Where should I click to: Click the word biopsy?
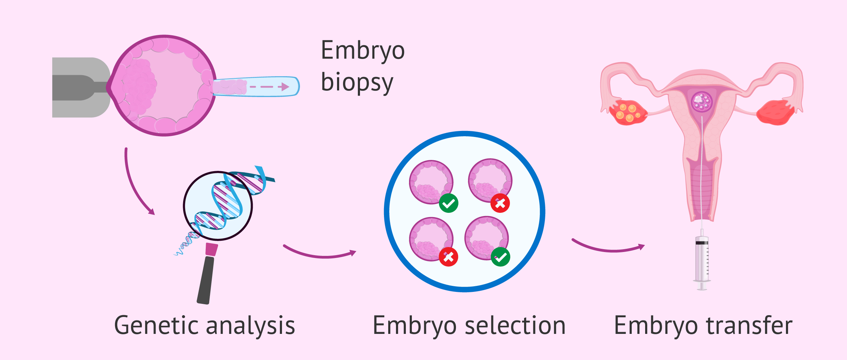point(357,82)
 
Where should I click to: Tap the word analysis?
point(250,325)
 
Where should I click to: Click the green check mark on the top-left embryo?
point(449,203)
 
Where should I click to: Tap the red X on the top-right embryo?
point(500,203)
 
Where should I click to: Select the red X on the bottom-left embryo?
point(449,257)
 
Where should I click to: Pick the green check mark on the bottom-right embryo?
point(500,257)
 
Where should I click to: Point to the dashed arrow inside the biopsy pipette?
point(269,87)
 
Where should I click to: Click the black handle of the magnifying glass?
point(206,280)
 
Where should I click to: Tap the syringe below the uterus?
point(702,259)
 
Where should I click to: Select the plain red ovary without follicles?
point(775,112)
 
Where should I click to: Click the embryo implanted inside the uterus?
point(702,102)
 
